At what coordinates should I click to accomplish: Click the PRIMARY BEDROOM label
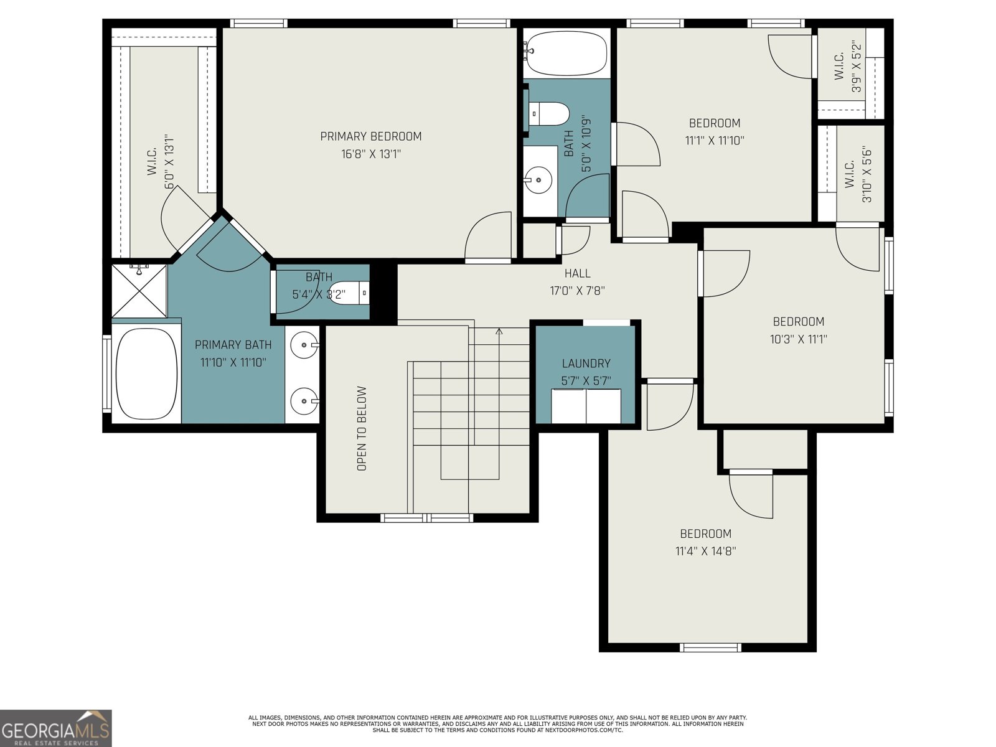(x=370, y=136)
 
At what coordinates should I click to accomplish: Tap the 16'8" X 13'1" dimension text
(x=370, y=154)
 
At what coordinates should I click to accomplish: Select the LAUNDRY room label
(x=586, y=364)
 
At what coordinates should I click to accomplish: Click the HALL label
(x=577, y=273)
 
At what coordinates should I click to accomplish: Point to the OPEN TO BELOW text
(x=362, y=428)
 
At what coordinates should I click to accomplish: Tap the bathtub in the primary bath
(x=146, y=374)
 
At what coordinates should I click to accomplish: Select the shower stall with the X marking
(x=139, y=291)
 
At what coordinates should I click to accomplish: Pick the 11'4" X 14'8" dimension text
(x=705, y=551)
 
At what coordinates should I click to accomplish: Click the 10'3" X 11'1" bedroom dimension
(x=798, y=339)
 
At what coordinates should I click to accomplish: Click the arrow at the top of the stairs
(x=499, y=332)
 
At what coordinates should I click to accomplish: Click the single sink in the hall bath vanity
(x=538, y=181)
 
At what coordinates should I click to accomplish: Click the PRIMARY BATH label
(x=233, y=345)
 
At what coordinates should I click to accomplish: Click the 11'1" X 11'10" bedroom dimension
(x=714, y=141)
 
